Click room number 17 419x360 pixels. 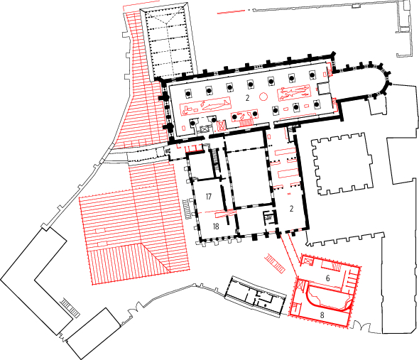click(x=209, y=197)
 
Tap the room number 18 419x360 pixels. click(x=216, y=227)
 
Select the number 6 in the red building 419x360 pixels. click(x=327, y=278)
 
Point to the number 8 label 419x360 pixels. click(x=322, y=315)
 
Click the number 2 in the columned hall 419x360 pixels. click(x=247, y=98)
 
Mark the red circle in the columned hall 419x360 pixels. click(x=263, y=97)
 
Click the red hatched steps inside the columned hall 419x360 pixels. click(x=246, y=123)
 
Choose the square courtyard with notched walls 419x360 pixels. click(x=342, y=164)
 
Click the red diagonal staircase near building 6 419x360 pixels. click(x=275, y=263)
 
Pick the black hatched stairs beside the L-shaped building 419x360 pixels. click(x=70, y=308)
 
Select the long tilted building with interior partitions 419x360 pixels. click(x=256, y=297)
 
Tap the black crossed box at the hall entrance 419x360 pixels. click(x=205, y=129)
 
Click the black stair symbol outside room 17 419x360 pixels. click(x=187, y=209)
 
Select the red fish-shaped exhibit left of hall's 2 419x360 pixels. click(x=213, y=104)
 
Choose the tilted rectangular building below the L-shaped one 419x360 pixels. click(x=94, y=333)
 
